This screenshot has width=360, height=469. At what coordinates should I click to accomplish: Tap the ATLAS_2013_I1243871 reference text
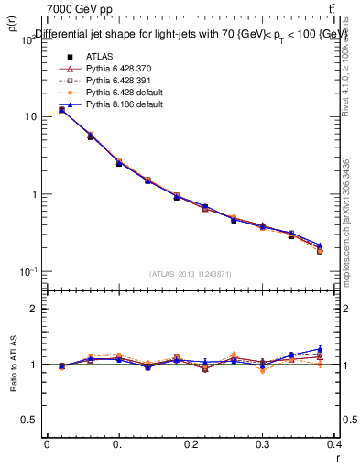191,274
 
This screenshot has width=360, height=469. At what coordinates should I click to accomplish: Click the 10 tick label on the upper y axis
31,116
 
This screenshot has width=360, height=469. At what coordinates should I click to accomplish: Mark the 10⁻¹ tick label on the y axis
27,271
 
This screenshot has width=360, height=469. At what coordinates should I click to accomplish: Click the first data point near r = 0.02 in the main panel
61,110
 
